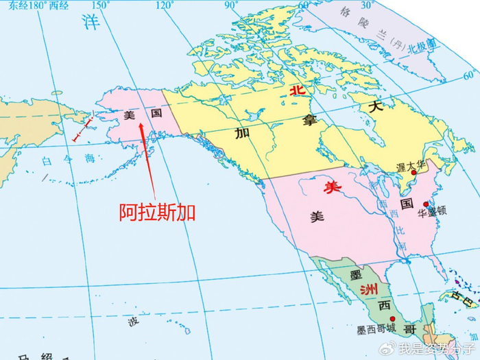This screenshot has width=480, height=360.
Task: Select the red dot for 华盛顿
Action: coord(426,204)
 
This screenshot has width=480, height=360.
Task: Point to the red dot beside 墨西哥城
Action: coord(392,320)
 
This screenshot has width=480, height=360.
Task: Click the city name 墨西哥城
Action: coord(376,330)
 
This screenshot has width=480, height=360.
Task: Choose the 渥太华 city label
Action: coord(411,167)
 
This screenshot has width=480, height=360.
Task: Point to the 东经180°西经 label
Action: coord(34,5)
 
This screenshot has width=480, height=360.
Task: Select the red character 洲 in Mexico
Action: coord(355,290)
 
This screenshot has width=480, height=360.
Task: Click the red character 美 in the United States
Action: coord(333,186)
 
